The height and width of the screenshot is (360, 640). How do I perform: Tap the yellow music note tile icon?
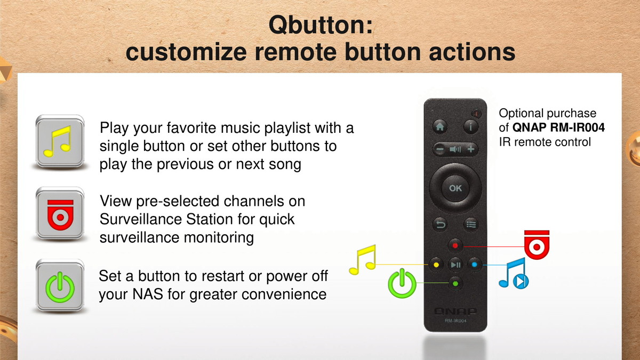60,141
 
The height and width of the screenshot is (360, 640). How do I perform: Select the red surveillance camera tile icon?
60,213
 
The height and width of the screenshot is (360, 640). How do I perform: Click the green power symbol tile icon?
60,286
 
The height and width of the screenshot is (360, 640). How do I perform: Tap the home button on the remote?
440,126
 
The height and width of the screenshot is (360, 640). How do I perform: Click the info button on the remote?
470,126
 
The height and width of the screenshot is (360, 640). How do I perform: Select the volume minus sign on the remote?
440,149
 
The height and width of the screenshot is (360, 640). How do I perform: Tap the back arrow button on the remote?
440,225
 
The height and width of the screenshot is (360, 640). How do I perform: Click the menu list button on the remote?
470,225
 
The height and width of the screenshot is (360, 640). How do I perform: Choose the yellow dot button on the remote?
436,265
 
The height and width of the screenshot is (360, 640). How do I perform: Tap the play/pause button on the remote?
455,265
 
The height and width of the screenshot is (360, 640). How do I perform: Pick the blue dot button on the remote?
475,265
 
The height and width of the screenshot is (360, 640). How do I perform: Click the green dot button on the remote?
455,284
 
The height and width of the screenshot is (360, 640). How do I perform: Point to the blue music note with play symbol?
514,274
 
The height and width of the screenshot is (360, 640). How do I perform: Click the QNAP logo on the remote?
455,311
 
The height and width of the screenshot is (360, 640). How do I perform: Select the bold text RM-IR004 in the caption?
577,127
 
